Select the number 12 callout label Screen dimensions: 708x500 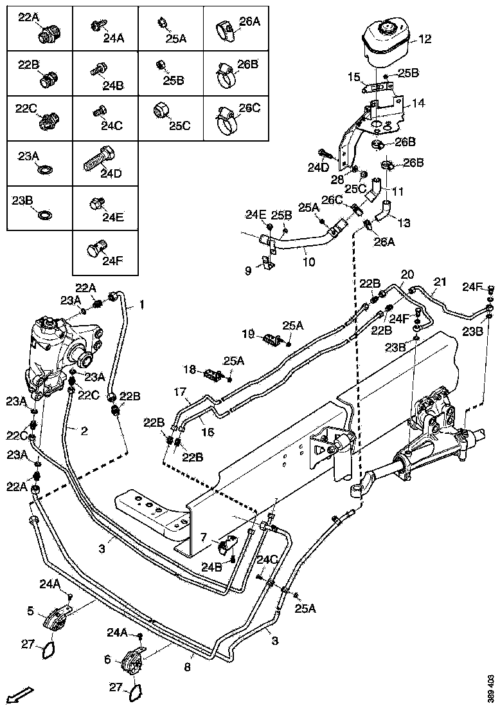[x=425, y=39]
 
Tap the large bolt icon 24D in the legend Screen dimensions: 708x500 [x=99, y=158]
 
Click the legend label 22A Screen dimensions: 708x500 [x=28, y=17]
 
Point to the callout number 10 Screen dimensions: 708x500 [x=309, y=263]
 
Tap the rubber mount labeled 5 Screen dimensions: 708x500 [x=55, y=619]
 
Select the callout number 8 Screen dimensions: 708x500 [x=187, y=668]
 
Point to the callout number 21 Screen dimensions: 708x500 [x=440, y=281]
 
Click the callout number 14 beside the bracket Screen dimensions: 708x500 [x=418, y=102]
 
